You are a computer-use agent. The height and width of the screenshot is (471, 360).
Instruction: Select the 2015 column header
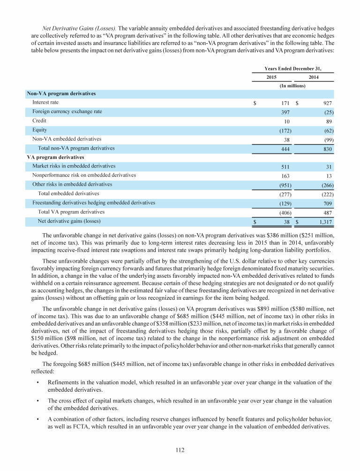[x=271, y=76]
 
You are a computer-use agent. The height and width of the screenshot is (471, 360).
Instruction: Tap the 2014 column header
[x=314, y=76]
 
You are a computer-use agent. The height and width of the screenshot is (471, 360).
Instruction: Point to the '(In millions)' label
[x=292, y=86]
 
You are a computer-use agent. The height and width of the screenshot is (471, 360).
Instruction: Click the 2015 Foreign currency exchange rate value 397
[x=283, y=112]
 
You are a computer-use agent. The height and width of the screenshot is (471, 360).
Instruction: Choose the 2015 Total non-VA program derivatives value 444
[x=283, y=148]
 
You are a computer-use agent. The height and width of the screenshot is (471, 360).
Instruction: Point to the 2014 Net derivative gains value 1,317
[x=324, y=221]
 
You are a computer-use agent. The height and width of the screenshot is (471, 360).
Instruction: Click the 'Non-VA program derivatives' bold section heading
[x=61, y=93]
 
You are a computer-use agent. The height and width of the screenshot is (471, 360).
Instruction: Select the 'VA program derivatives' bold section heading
[x=55, y=157]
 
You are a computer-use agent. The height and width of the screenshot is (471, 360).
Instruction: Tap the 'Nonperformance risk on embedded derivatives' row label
[x=84, y=175]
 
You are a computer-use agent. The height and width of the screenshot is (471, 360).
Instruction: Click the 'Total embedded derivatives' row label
[x=68, y=193]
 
